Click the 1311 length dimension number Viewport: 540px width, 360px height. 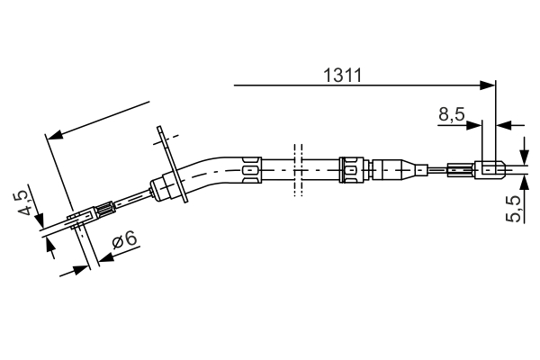pos(343,76)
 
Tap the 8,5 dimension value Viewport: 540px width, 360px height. pos(452,114)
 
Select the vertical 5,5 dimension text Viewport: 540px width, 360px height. pos(514,209)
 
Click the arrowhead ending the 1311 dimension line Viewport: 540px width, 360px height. pos(490,85)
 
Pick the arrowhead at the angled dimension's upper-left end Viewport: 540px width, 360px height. pos(52,135)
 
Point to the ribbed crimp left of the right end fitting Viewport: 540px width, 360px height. pos(459,168)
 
